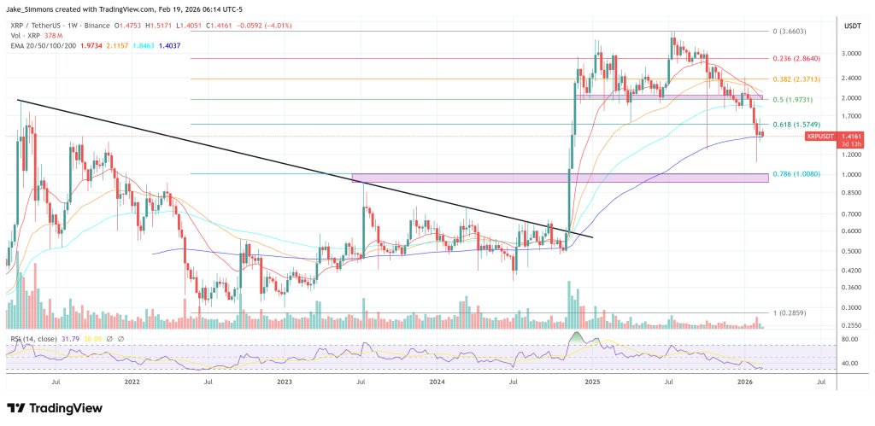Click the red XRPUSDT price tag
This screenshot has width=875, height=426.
[x=820, y=136]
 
